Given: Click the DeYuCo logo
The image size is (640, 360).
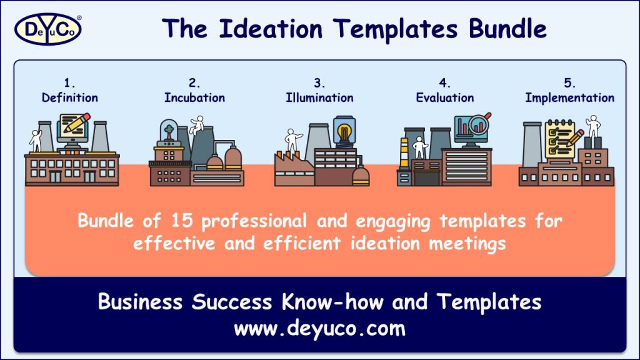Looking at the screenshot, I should coord(47,29).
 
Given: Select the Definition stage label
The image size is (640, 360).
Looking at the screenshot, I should coord(70,97).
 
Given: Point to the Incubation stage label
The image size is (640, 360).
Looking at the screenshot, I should coord(194,97).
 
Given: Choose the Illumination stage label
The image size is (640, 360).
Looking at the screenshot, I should coord(319,97).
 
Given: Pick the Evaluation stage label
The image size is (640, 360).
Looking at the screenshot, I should coord(444,97).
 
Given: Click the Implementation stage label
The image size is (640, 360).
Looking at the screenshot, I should coord(569,97).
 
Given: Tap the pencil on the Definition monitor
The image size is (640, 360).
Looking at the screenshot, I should coord(77,124).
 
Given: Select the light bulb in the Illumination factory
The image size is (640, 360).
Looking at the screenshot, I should coord(342,132).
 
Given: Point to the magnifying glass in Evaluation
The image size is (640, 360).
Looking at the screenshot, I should coord(480,122).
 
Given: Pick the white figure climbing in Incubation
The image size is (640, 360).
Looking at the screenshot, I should coord(197,124).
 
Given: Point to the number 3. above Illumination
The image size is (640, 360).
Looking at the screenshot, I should coord(319,83).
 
